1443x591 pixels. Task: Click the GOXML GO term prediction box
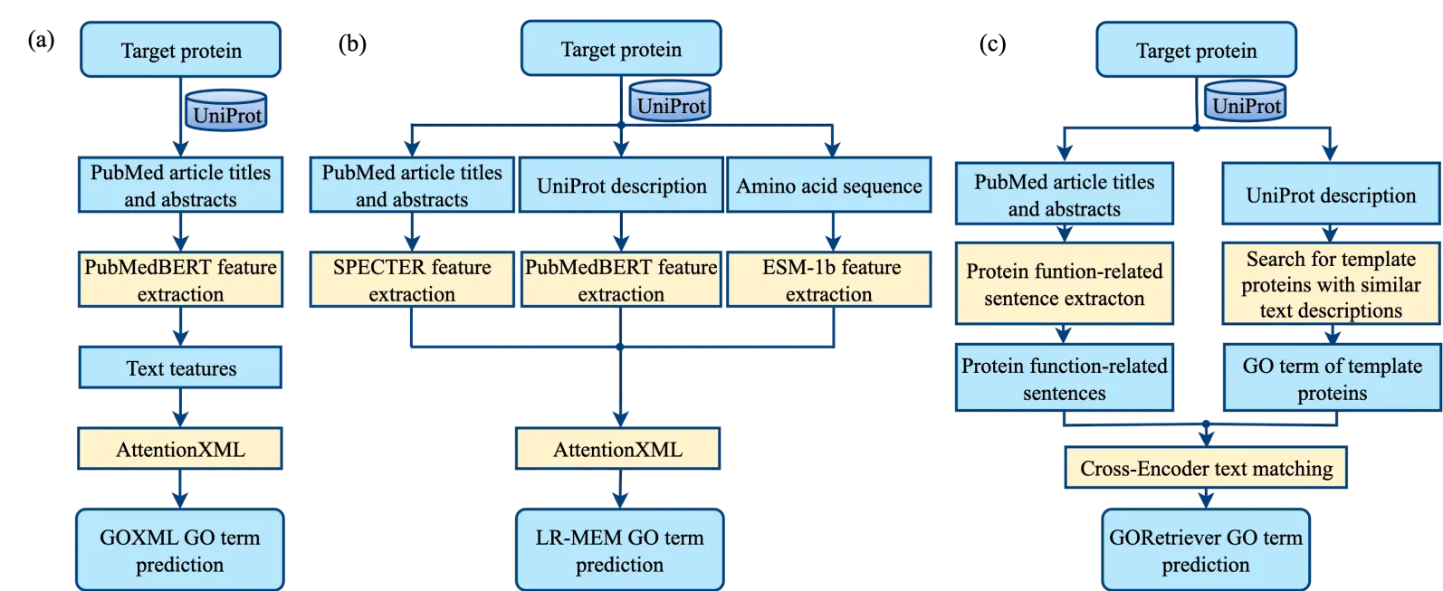(179, 549)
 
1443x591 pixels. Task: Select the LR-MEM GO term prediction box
(619, 549)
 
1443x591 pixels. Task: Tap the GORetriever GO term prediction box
(1205, 549)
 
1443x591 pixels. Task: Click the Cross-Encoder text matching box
(1206, 468)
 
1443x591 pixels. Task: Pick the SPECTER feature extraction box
(412, 280)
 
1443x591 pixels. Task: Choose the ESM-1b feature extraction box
(829, 280)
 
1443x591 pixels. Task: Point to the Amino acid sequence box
(829, 186)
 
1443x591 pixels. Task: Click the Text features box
(180, 367)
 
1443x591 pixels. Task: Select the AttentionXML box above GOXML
(180, 449)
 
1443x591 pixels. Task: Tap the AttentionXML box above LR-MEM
(617, 449)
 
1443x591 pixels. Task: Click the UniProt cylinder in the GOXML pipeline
(226, 111)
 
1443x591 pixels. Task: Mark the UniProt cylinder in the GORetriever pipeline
(1246, 102)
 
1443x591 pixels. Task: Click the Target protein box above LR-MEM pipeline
(621, 49)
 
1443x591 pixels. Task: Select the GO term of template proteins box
(1332, 378)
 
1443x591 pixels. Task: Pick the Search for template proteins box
(1331, 284)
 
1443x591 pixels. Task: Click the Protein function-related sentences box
(1064, 378)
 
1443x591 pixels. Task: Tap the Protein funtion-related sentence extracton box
(1064, 284)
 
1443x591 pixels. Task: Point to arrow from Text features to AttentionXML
(180, 408)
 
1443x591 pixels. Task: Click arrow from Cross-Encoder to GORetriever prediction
(1206, 498)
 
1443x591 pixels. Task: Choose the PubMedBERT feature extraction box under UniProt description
(621, 280)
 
